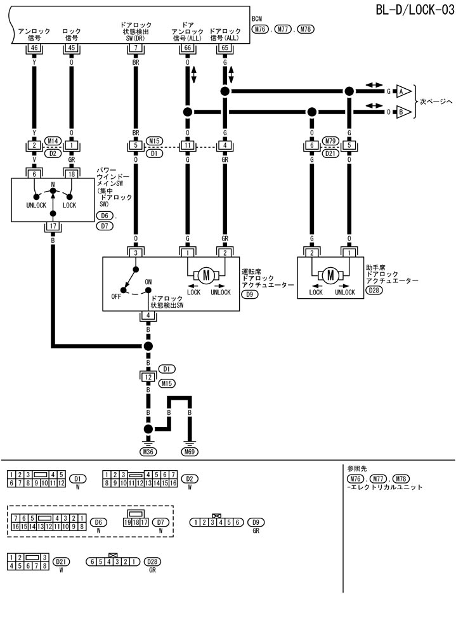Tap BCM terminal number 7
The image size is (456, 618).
(x=135, y=47)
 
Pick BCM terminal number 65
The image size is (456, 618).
(x=224, y=47)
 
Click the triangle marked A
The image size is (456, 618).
(x=401, y=91)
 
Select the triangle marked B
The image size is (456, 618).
(x=401, y=112)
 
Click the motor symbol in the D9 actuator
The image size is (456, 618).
(x=205, y=275)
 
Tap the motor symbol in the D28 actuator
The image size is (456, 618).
(x=330, y=275)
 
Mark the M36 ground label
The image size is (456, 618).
(x=148, y=452)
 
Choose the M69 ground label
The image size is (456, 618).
(x=189, y=452)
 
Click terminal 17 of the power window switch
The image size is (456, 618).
(x=53, y=226)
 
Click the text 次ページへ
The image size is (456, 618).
(x=436, y=102)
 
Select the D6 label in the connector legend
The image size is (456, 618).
(x=98, y=522)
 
